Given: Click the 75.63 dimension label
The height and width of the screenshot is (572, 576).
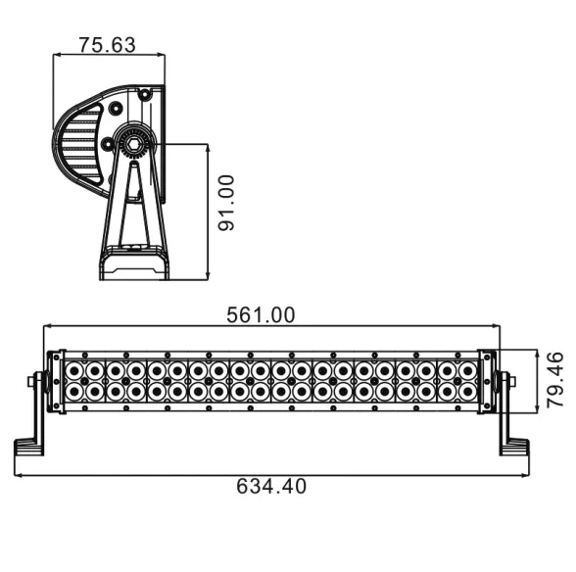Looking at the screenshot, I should (107, 44).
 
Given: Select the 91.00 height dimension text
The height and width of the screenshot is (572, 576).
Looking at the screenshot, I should (226, 203).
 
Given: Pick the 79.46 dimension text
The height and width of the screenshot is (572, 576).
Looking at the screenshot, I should (554, 380).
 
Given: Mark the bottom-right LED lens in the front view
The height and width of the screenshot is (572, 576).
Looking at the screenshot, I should (468, 393).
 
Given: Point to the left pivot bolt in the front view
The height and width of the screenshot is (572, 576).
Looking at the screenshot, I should (38, 381).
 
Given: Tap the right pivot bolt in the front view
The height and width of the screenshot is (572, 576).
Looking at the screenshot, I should (506, 381).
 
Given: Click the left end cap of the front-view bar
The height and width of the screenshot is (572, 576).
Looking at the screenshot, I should (56, 382).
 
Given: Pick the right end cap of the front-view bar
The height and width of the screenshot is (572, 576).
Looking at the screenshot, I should (488, 382).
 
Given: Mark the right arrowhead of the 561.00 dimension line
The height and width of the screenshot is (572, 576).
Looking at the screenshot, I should (495, 326).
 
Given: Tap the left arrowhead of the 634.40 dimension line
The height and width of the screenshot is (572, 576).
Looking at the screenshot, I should (19, 475).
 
